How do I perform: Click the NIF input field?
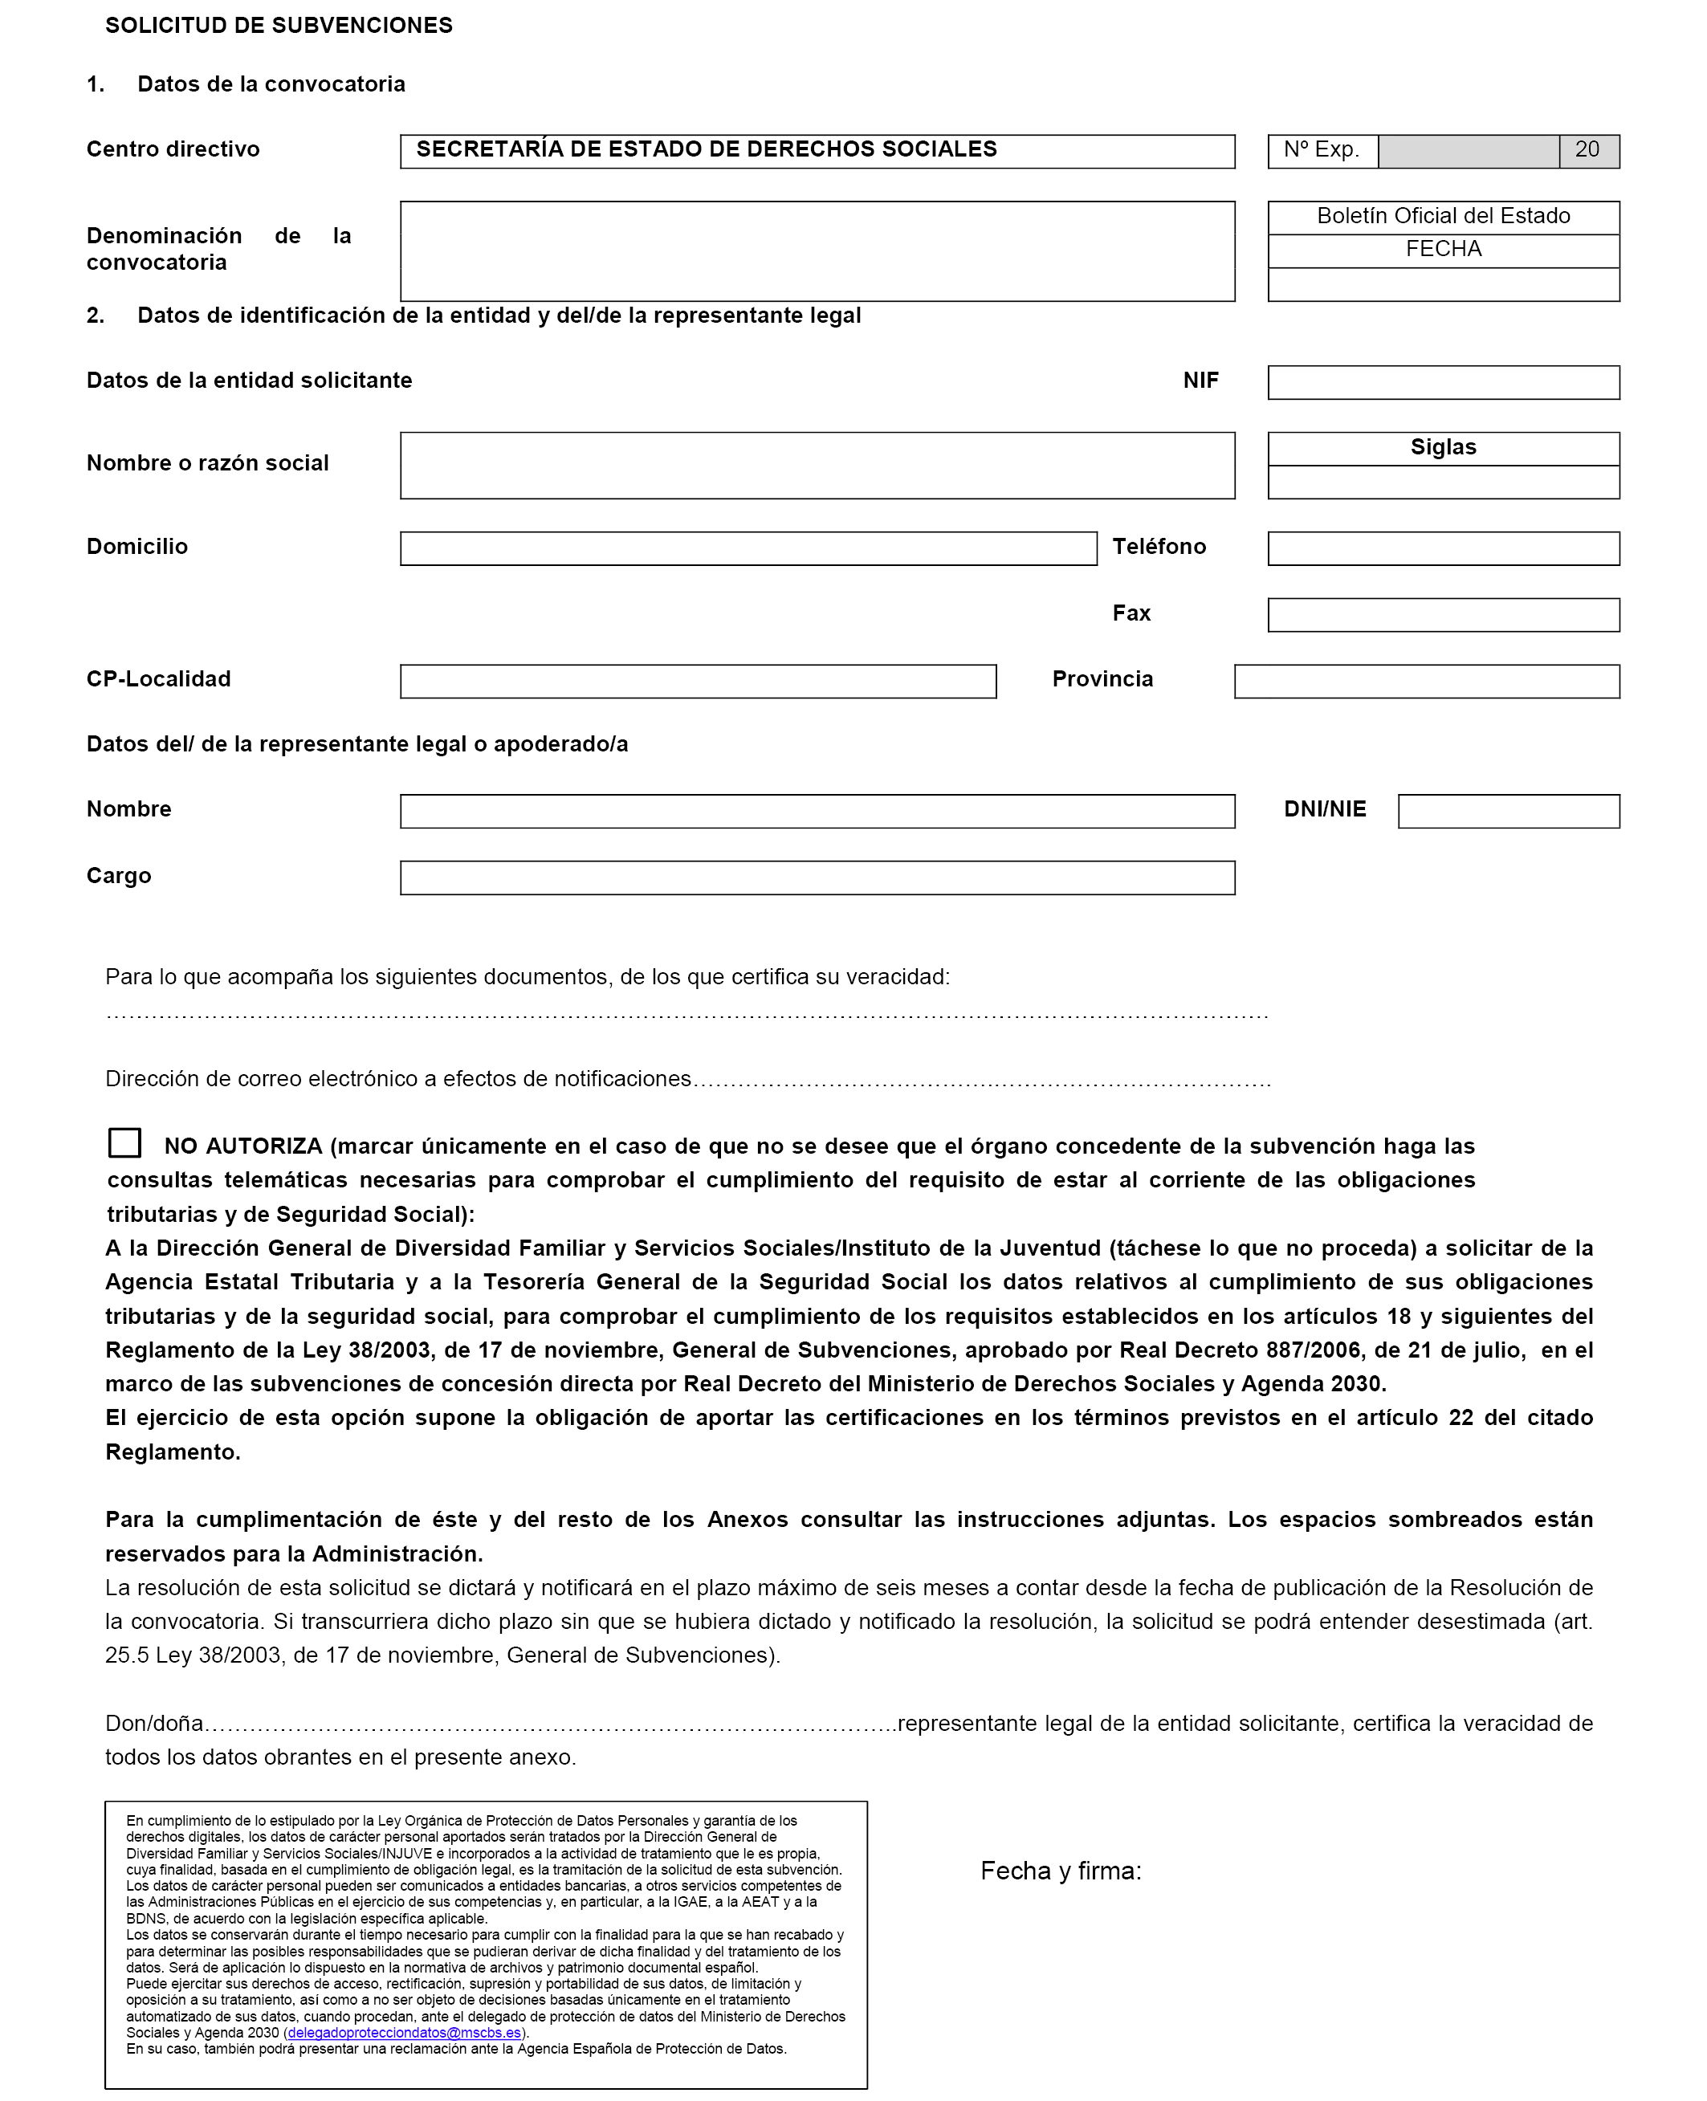[1443, 382]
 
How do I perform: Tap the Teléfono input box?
[1443, 548]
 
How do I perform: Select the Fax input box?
[1443, 616]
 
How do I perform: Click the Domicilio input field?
[748, 548]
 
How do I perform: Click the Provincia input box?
[1426, 682]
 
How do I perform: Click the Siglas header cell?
[1443, 447]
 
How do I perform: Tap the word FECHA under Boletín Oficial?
[1443, 250]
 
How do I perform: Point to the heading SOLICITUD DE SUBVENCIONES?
[279, 26]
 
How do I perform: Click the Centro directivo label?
[173, 149]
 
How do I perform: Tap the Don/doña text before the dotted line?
[154, 1724]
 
